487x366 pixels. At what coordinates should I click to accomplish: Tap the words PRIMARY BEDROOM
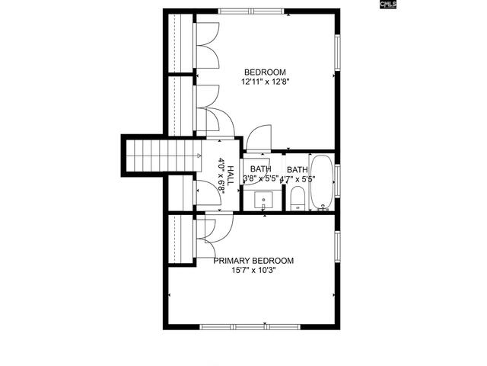[253, 260]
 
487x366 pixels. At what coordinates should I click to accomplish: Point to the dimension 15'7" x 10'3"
[253, 270]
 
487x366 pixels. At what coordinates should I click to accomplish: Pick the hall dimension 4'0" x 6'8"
[221, 176]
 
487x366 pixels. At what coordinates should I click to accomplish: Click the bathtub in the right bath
[322, 183]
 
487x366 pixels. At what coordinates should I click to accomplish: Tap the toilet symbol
[297, 201]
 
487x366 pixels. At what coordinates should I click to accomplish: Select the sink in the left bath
[263, 201]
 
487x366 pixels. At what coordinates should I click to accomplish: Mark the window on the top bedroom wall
[253, 11]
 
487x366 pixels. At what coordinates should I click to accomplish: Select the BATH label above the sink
[260, 169]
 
